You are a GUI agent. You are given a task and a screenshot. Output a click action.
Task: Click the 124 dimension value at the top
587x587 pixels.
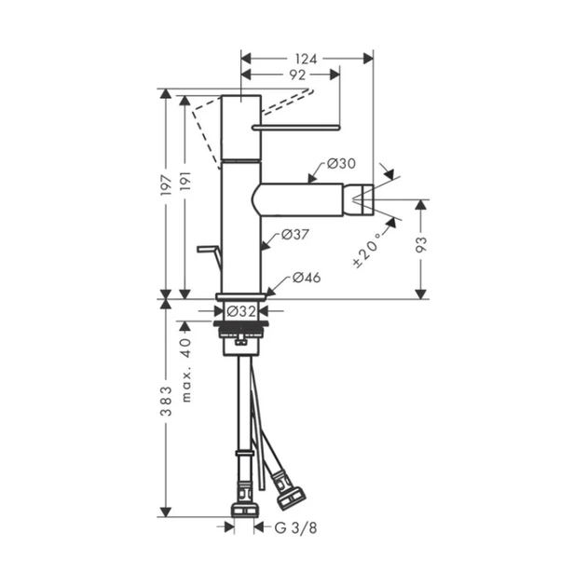point(306,59)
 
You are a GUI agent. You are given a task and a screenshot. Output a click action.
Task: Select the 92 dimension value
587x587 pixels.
point(297,75)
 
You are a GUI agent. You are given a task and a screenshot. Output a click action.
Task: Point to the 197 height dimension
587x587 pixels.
point(166,184)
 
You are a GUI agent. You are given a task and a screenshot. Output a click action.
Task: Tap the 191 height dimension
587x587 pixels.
point(185,181)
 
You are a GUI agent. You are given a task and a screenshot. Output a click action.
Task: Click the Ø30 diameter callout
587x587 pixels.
point(341,164)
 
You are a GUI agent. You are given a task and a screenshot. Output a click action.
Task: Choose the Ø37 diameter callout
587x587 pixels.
point(295,235)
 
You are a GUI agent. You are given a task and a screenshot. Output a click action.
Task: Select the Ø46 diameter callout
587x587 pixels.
point(307,278)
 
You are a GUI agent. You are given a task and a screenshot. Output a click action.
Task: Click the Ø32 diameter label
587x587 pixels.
point(241,311)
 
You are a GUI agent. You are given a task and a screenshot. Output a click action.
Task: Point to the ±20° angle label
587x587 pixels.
point(367,250)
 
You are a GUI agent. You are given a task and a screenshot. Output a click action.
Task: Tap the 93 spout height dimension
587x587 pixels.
point(421,244)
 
